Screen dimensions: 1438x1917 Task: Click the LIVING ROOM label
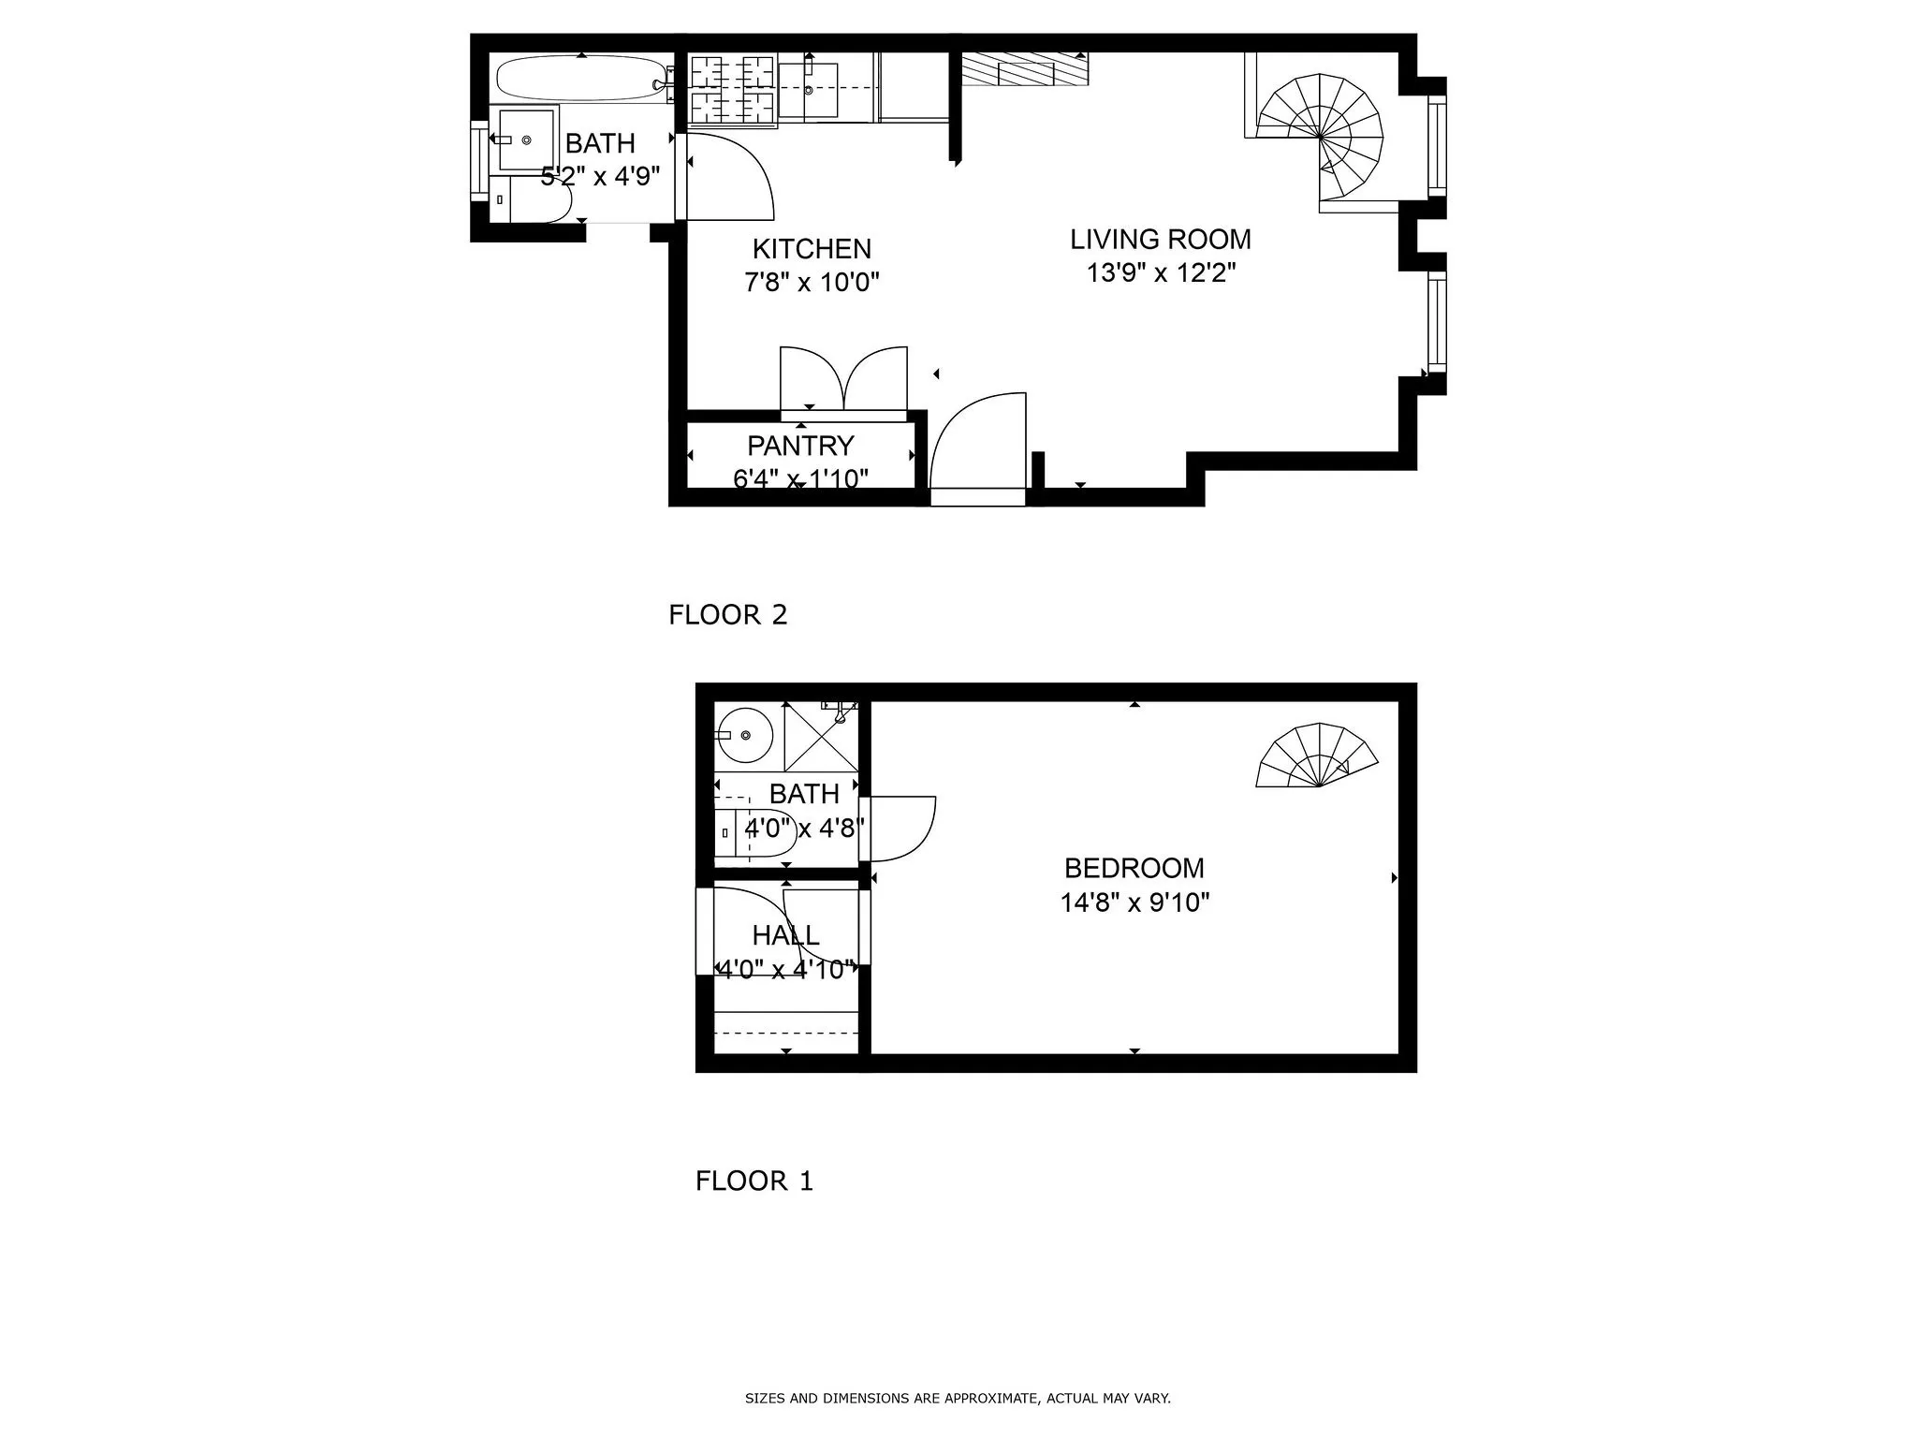pos(1160,240)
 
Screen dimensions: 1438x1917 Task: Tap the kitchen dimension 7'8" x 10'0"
pos(812,282)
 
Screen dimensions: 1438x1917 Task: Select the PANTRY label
pos(800,446)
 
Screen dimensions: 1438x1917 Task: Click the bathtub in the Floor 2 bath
pos(580,79)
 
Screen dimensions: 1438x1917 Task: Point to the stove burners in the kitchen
pos(732,90)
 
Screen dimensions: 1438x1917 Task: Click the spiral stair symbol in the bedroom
pos(1317,756)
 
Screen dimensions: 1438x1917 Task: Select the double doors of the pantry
pos(843,379)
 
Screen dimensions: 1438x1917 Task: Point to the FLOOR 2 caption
pos(727,615)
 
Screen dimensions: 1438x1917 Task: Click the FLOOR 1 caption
pos(754,1181)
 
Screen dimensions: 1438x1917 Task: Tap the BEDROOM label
pos(1134,868)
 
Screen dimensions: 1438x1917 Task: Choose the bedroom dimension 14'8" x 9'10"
pos(1134,902)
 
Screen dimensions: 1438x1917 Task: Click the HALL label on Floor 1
pos(785,935)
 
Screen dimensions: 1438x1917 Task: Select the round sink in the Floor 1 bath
pos(744,735)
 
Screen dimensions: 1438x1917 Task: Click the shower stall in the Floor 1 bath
pos(820,738)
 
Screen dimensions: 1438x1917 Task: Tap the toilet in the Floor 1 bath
pos(758,833)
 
